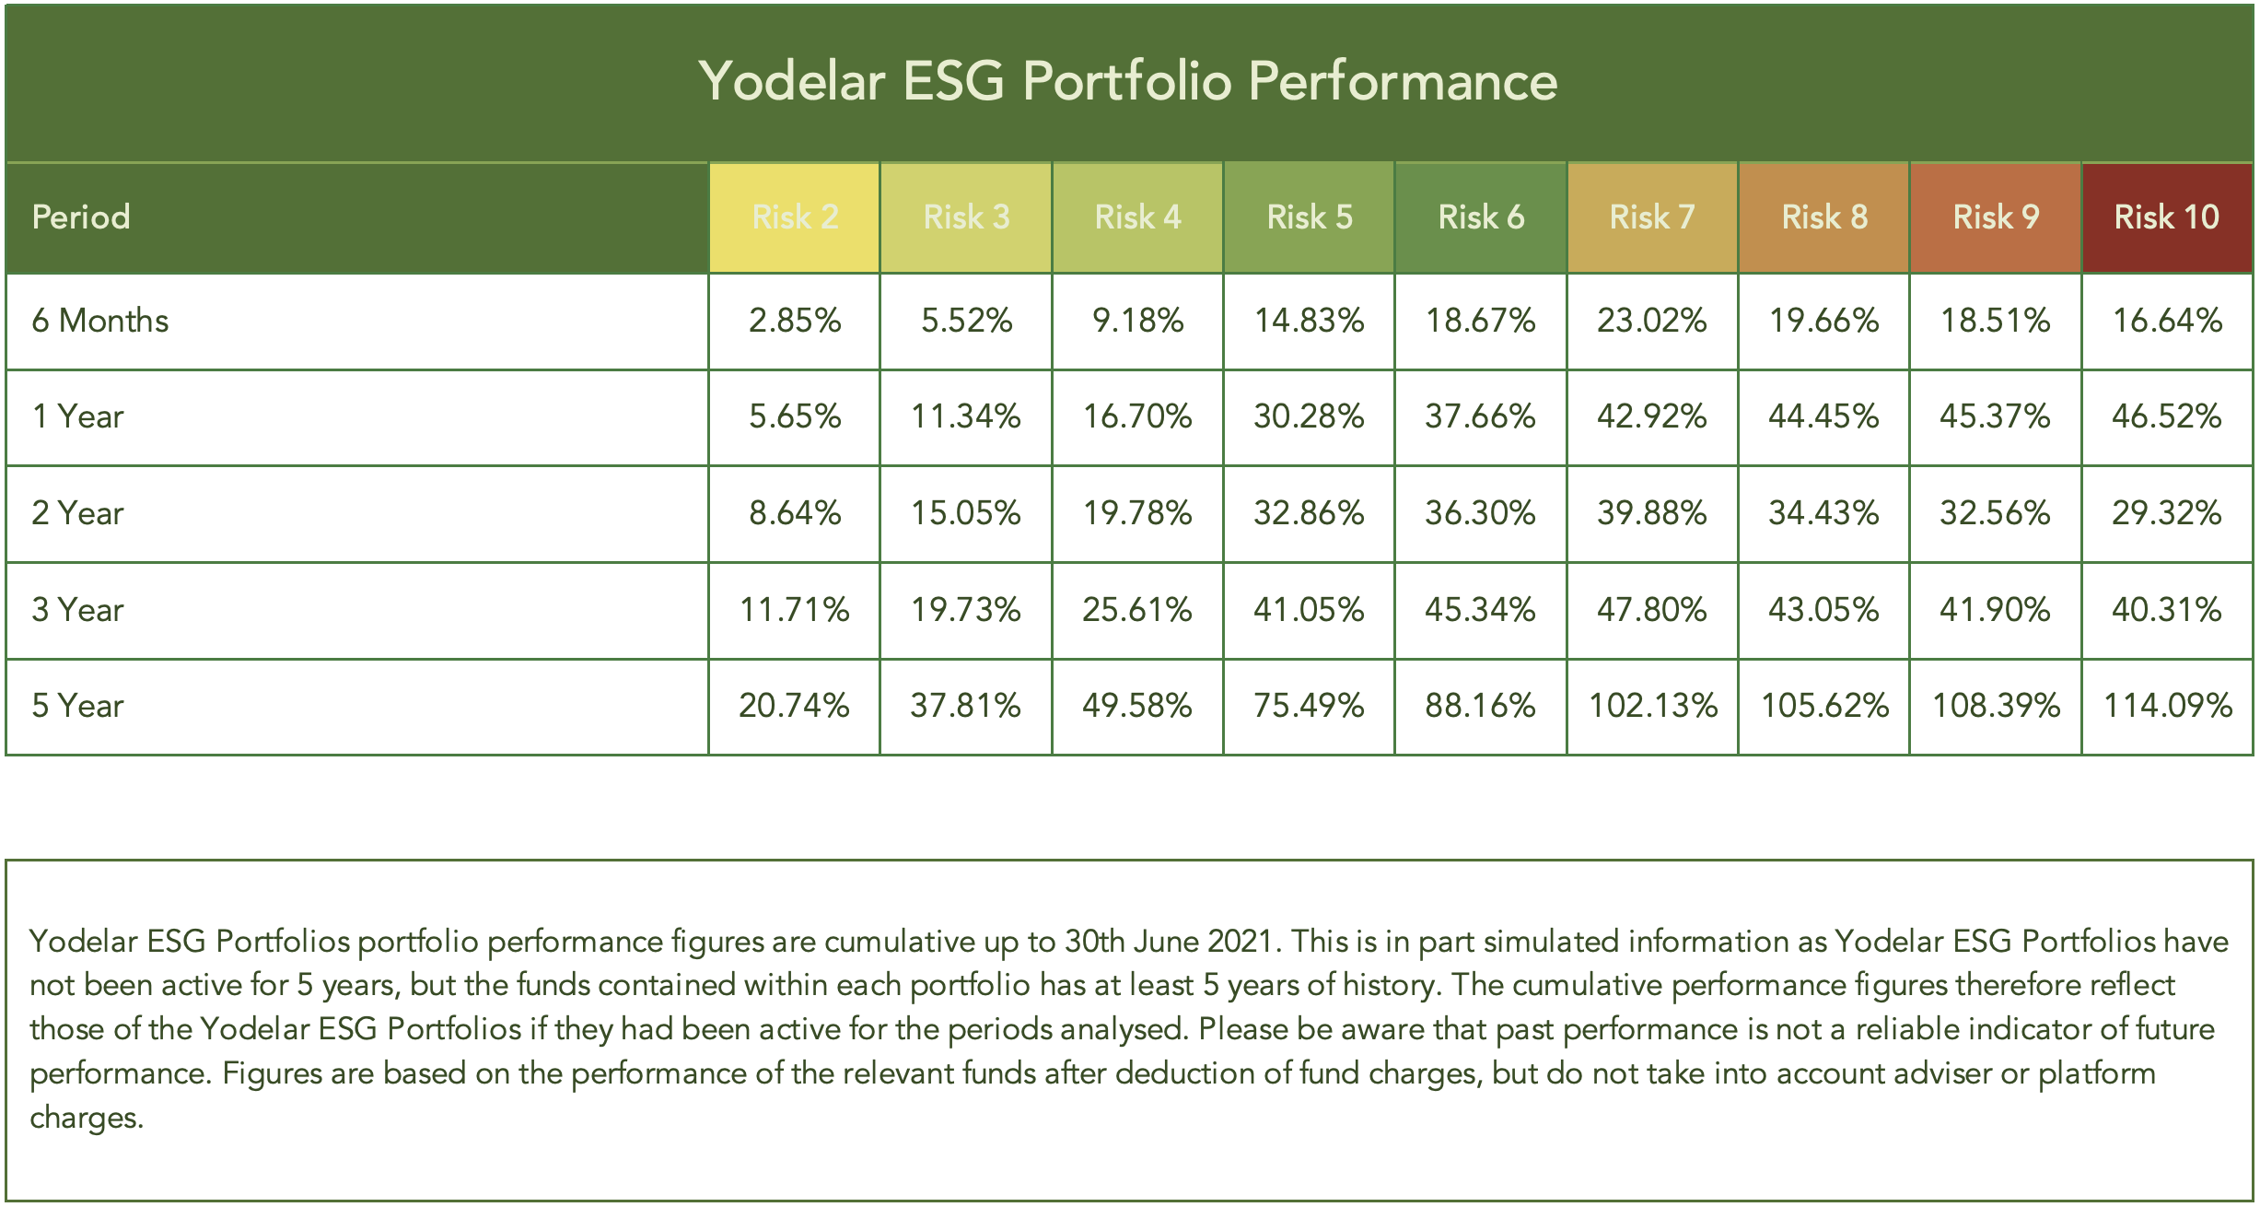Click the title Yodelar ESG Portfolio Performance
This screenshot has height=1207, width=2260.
point(1127,81)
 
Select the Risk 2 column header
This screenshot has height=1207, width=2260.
point(795,217)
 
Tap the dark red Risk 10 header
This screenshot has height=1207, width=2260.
point(2166,217)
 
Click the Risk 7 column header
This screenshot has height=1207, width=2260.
point(1651,217)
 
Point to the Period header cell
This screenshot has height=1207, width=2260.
point(81,217)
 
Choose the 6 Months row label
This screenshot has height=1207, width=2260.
point(100,321)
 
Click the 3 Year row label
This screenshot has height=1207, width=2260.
point(77,610)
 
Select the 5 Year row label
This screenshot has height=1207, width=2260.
point(77,706)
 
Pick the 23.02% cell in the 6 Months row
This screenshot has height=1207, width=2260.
point(1651,321)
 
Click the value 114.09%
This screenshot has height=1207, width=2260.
point(2167,706)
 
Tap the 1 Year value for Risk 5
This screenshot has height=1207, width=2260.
point(1308,416)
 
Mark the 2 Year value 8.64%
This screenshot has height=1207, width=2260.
point(795,513)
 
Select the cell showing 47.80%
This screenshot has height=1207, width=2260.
point(1651,610)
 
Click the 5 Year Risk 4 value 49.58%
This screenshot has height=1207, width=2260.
point(1136,706)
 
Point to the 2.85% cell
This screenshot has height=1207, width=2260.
point(795,321)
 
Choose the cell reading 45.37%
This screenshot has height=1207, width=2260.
point(1995,416)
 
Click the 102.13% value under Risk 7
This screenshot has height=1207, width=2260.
point(1652,706)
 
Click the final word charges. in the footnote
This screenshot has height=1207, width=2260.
point(87,1118)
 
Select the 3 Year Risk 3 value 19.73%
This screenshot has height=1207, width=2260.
point(965,610)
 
